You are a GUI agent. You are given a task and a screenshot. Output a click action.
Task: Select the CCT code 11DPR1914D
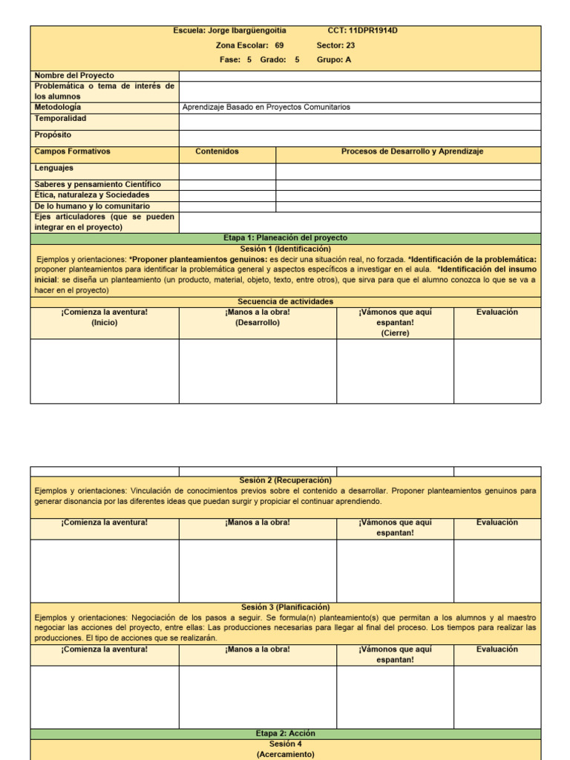pos(379,30)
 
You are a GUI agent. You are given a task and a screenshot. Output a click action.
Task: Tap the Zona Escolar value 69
pos(279,45)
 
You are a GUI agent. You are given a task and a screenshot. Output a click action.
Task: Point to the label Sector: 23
pos(335,45)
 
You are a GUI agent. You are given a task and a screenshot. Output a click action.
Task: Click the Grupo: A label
pos(334,60)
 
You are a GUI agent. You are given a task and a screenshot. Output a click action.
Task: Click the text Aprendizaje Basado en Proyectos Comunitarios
pos(266,107)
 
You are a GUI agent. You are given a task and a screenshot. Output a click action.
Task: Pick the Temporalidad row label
pos(60,118)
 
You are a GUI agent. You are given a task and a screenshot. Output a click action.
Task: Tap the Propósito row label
pos(53,134)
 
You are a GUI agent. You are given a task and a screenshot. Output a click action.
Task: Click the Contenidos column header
pos(217,151)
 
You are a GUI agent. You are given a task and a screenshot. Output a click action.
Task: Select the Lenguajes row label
pos(54,168)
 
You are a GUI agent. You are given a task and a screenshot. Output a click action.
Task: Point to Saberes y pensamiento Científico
pos(97,184)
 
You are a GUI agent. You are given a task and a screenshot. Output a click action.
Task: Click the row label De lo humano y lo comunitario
pos(92,206)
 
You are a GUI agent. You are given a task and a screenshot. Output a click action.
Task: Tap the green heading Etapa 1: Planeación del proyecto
pos(285,237)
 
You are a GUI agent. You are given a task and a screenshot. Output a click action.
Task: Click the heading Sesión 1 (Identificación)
pos(285,249)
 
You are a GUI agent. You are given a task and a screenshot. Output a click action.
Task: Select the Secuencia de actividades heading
pos(285,301)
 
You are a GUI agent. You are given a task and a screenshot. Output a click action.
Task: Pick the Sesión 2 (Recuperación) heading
pos(285,480)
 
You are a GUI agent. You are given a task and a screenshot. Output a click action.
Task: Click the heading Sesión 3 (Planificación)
pos(285,607)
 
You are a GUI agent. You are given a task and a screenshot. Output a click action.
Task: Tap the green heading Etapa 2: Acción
pos(285,733)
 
